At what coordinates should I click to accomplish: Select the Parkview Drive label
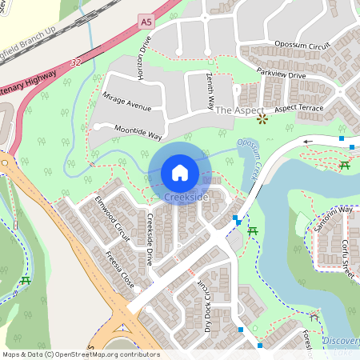(282, 74)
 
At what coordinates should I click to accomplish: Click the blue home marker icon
(179, 172)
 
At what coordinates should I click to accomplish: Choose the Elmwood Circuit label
(111, 218)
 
